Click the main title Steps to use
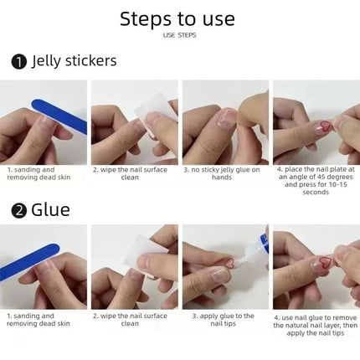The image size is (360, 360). pos(177,19)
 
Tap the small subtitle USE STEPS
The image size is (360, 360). pos(179,35)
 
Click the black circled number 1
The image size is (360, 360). pos(18,62)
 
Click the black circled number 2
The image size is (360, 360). pos(18,211)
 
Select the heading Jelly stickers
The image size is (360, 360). pos(74,61)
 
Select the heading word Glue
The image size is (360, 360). pos(50,210)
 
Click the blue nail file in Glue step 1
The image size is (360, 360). pos(29,262)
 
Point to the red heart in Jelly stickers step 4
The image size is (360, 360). pos(325,126)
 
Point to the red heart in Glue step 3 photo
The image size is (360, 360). pos(230,263)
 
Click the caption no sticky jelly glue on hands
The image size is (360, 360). pos(222,173)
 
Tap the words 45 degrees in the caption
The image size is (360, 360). pos(335,177)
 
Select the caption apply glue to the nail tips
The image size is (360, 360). pos(223,320)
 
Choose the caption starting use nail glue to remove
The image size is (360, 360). pos(316,326)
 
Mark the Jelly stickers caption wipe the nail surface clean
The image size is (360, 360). pos(130,173)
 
